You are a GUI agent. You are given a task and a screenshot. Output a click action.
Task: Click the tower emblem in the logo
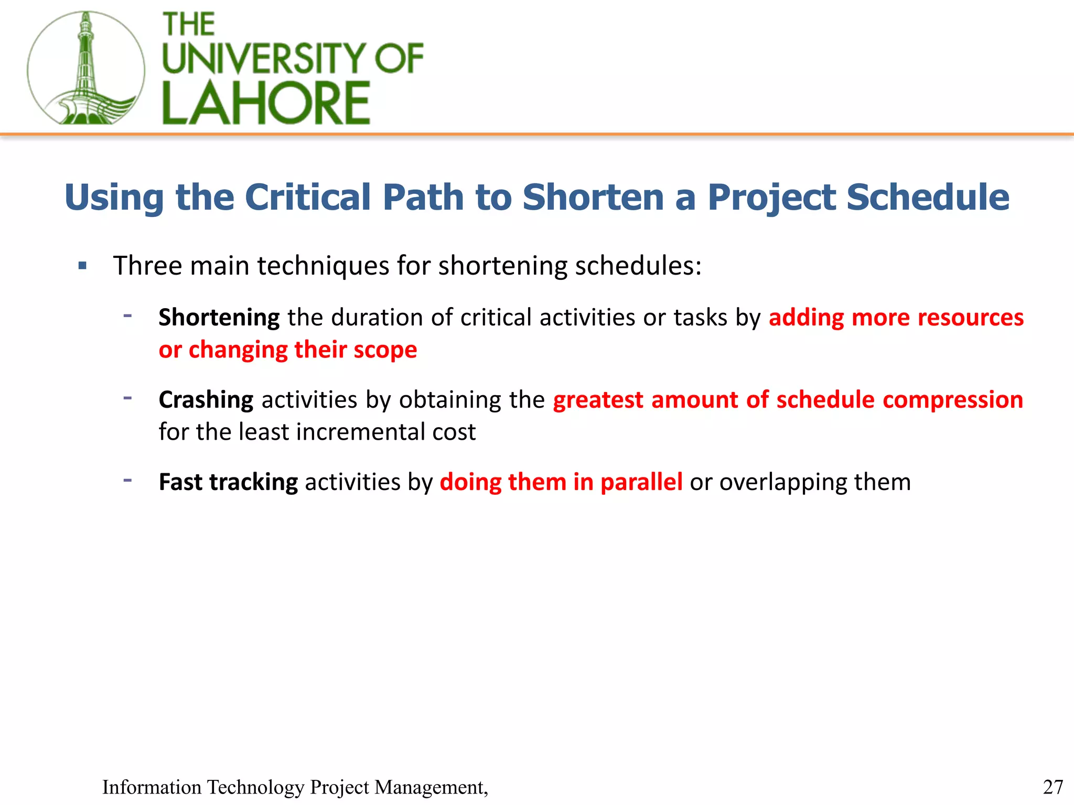pyautogui.click(x=86, y=68)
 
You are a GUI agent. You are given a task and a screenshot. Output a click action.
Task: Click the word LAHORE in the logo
pyautogui.click(x=266, y=103)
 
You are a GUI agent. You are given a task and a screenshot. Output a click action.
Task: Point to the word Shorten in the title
pyautogui.click(x=593, y=198)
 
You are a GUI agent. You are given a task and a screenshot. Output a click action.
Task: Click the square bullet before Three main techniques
pyautogui.click(x=82, y=266)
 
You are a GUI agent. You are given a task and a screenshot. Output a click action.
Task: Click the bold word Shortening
pyautogui.click(x=219, y=318)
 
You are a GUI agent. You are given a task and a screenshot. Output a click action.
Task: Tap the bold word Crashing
pyautogui.click(x=206, y=400)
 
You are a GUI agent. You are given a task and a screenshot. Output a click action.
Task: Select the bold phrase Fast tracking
pyautogui.click(x=228, y=482)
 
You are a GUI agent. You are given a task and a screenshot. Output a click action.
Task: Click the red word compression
pyautogui.click(x=952, y=400)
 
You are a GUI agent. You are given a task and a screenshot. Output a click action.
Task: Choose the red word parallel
pyautogui.click(x=641, y=482)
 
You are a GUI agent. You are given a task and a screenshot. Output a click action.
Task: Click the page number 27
pyautogui.click(x=1052, y=787)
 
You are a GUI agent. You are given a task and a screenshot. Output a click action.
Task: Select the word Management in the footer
pyautogui.click(x=430, y=787)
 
